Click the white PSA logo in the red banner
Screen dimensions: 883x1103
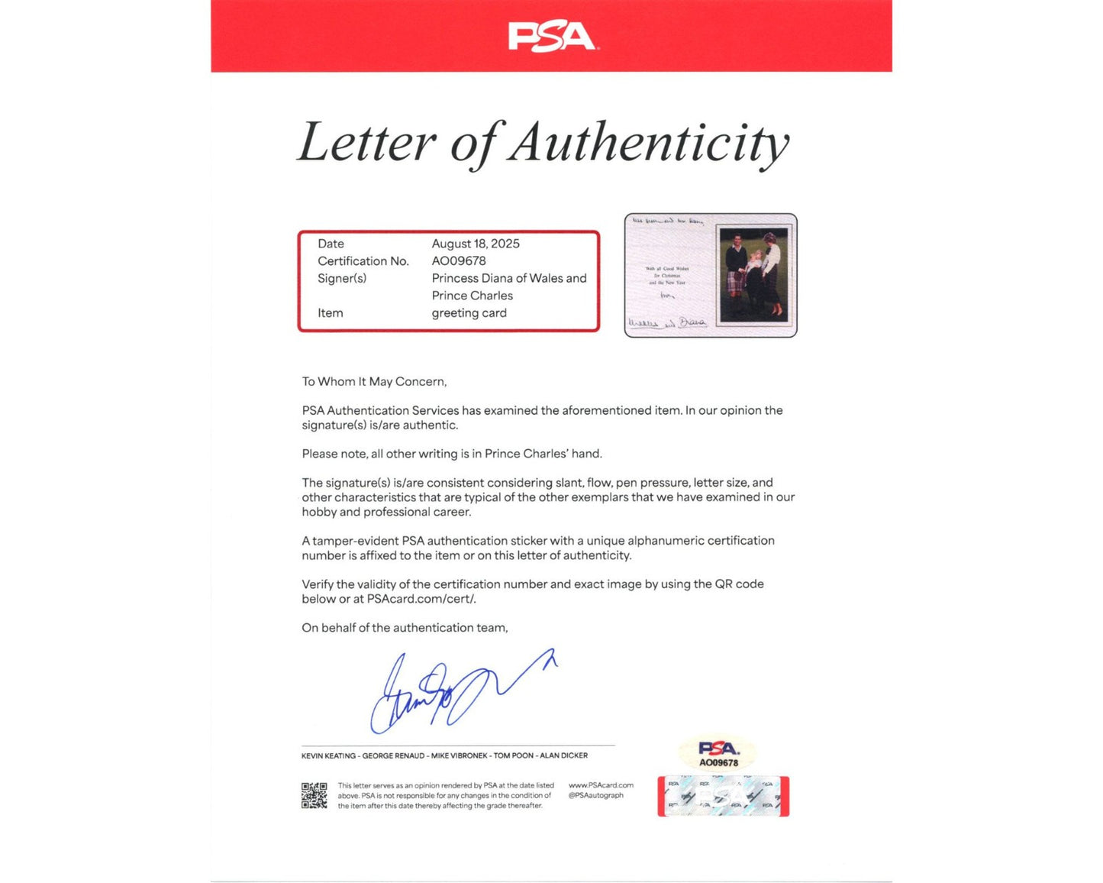click(551, 37)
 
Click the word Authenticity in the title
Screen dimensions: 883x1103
click(649, 143)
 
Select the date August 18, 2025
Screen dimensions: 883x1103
click(476, 244)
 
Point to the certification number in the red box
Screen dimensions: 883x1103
click(459, 261)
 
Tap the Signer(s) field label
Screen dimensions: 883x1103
click(342, 279)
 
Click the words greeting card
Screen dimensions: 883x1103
click(469, 313)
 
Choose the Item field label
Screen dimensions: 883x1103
click(331, 313)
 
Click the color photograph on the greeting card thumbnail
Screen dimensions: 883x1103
click(754, 274)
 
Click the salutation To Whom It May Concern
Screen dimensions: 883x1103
click(374, 382)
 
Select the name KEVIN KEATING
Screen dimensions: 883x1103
click(328, 756)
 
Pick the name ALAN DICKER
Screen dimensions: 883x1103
click(564, 756)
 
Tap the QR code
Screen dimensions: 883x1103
click(314, 795)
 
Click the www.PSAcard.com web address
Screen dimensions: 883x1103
click(601, 785)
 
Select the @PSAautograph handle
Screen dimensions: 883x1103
click(595, 796)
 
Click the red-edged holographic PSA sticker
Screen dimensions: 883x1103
click(723, 797)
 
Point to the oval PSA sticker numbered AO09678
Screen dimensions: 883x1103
click(718, 753)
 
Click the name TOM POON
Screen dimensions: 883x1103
click(514, 756)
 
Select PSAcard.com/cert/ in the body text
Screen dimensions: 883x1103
click(421, 600)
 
